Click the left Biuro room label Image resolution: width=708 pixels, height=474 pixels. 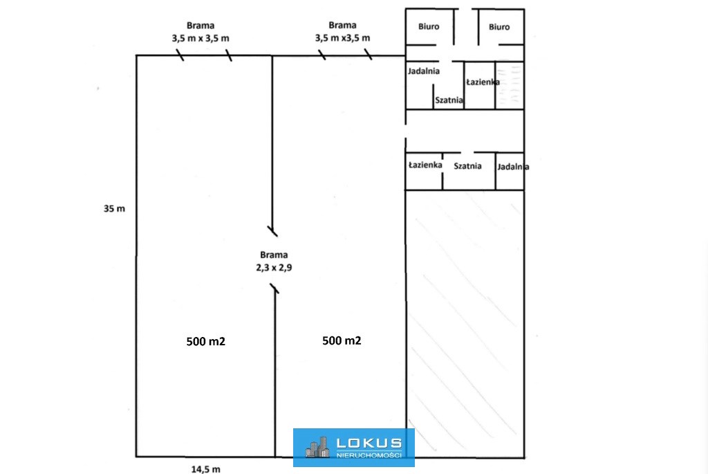click(x=429, y=27)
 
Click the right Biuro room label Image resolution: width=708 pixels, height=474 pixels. click(x=499, y=27)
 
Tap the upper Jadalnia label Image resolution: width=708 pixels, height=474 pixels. click(x=424, y=71)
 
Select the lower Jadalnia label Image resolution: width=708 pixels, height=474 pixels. click(x=513, y=167)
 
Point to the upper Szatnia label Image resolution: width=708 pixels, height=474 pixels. click(x=449, y=100)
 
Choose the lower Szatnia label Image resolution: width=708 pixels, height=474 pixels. click(x=467, y=166)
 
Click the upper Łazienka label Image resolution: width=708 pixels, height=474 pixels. click(x=483, y=82)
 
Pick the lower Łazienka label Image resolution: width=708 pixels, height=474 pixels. click(x=425, y=165)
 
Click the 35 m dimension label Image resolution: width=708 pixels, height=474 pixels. click(x=114, y=209)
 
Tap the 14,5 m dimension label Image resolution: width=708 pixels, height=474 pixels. click(x=206, y=469)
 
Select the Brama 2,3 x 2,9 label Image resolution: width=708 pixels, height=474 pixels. click(x=274, y=261)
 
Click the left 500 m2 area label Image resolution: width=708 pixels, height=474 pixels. click(x=206, y=342)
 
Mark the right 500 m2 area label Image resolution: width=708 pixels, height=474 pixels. click(x=342, y=340)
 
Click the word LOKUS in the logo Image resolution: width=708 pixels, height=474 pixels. click(x=369, y=444)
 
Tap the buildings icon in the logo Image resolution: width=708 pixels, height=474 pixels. click(x=317, y=447)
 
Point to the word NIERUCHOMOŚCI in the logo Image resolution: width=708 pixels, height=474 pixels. click(x=369, y=455)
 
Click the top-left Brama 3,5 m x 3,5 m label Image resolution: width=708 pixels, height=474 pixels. click(x=201, y=32)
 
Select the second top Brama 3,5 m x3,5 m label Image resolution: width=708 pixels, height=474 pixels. click(x=343, y=32)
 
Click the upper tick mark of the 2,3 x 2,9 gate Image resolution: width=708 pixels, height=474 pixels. click(x=272, y=231)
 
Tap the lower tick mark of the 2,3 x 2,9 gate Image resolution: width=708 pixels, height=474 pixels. click(x=274, y=289)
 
